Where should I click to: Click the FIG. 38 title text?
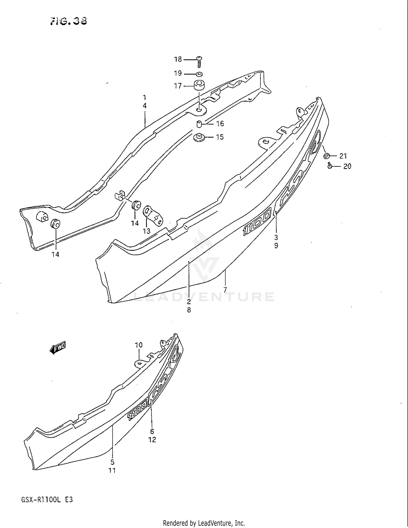[x=69, y=21]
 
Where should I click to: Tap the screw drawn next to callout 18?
[x=199, y=61]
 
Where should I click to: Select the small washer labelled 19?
[x=199, y=74]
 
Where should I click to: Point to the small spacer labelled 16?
[x=199, y=124]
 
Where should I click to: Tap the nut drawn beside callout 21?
[x=326, y=156]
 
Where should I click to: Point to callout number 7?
[x=225, y=290]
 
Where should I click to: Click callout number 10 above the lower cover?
[x=139, y=345]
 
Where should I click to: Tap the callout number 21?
[x=343, y=156]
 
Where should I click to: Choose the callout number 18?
[x=178, y=59]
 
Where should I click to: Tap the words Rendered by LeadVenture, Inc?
[x=204, y=523]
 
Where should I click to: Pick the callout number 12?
[x=152, y=440]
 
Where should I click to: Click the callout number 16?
[x=220, y=124]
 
